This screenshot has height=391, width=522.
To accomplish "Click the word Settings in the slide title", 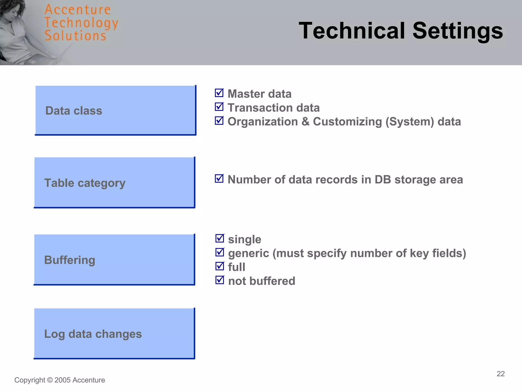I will tap(458, 31).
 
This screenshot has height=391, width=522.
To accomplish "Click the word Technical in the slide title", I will tap(352, 31).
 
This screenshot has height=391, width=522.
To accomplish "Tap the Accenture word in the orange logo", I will tap(77, 10).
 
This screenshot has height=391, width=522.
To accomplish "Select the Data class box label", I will tap(74, 111).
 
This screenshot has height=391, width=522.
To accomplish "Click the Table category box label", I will tap(85, 183).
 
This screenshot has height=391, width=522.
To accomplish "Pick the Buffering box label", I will tap(70, 260).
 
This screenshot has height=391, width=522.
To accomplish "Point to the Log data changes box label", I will tap(93, 334).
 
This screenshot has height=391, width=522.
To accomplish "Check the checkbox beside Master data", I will tap(219, 93).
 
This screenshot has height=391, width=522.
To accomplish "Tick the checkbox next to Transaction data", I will tap(219, 107).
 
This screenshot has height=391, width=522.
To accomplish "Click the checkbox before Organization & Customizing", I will tap(219, 121).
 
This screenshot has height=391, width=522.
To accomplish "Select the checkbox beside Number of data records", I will tap(219, 179).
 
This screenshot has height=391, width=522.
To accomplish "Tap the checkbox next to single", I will tap(219, 239).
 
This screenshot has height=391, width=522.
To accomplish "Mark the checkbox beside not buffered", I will tap(219, 280).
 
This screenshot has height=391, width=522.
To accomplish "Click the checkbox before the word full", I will tap(219, 266).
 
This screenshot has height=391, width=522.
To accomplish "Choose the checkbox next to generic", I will tap(219, 253).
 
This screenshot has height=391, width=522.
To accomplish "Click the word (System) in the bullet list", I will tap(410, 122).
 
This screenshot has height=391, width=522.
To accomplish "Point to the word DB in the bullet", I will tap(383, 180).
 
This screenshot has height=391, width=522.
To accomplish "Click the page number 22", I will tap(501, 374).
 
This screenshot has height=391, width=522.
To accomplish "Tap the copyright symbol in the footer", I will tap(50, 380).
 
